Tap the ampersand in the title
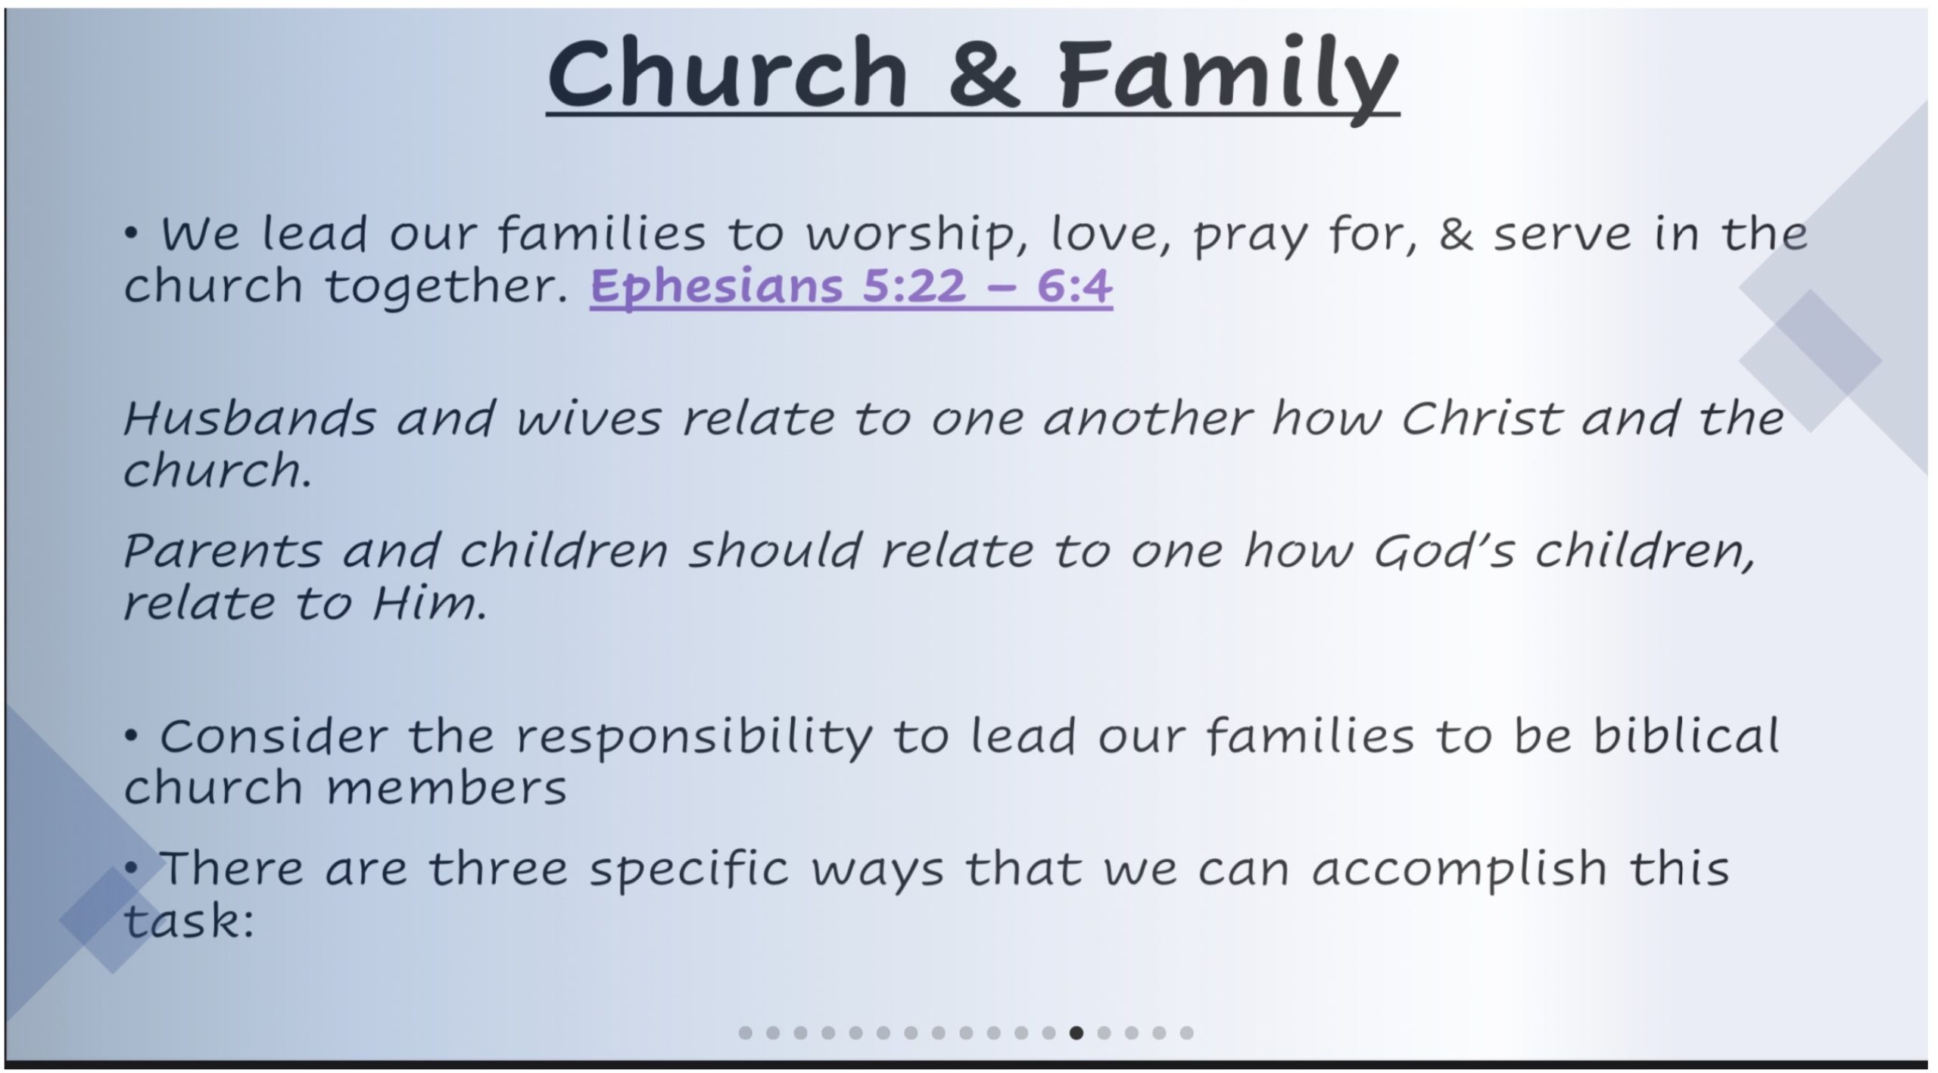pyautogui.click(x=989, y=74)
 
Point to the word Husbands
pyautogui.click(x=249, y=418)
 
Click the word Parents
pyautogui.click(x=223, y=550)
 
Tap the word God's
pyautogui.click(x=1444, y=550)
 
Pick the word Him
pyautogui.click(x=429, y=603)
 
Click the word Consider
pyautogui.click(x=273, y=736)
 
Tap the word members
pyautogui.click(x=447, y=788)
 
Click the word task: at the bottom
pyautogui.click(x=189, y=921)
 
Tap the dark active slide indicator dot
pyautogui.click(x=1076, y=1033)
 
